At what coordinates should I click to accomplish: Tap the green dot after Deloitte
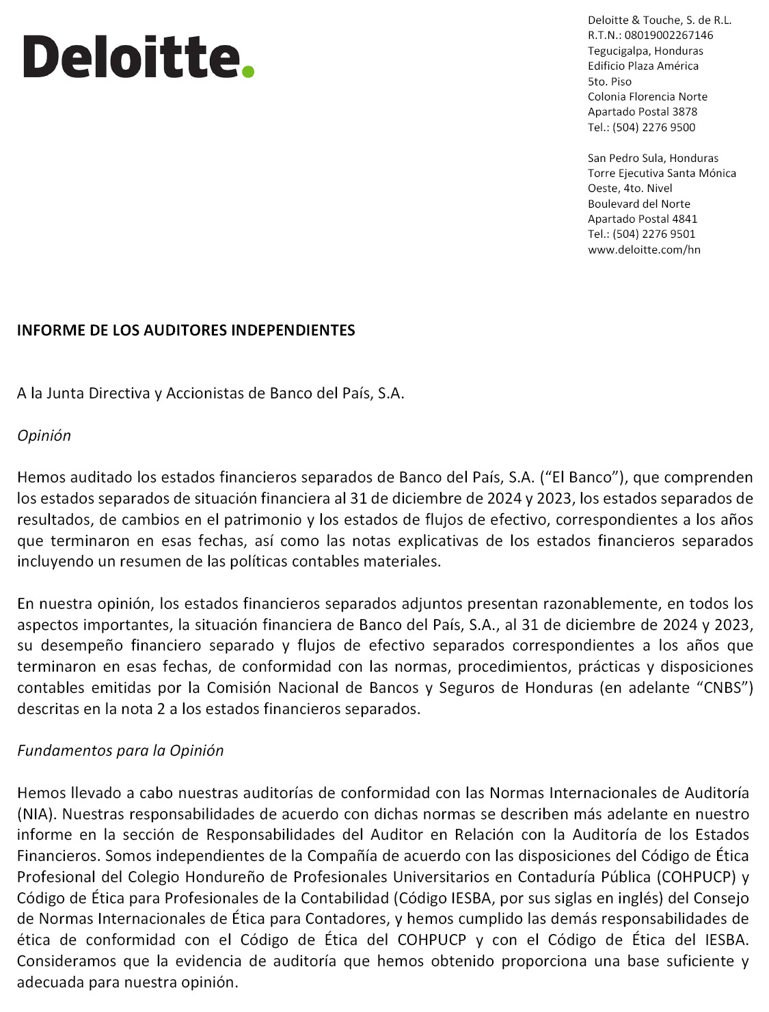247,71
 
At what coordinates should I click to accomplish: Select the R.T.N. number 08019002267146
669,36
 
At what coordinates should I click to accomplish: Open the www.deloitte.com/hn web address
644,250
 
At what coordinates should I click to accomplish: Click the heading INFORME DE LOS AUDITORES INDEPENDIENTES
186,331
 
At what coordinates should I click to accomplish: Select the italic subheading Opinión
44,436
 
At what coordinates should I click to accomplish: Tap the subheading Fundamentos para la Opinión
120,751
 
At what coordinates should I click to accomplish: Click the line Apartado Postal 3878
643,112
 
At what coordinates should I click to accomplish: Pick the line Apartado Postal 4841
643,219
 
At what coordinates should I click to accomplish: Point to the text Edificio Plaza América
643,66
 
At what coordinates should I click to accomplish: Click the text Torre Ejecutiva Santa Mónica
662,174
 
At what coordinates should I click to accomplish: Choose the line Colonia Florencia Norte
647,97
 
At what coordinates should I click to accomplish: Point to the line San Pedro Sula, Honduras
653,159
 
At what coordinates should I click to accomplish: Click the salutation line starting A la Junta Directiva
211,394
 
